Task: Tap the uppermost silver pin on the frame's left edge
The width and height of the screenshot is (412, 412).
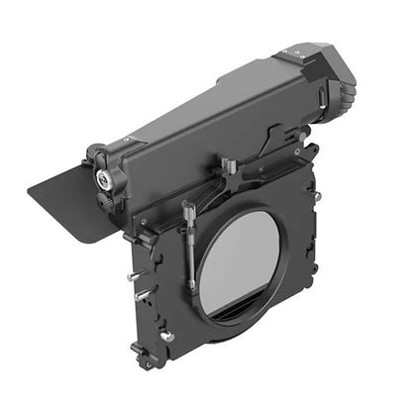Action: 131,275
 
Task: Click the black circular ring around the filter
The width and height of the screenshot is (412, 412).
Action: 208,297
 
